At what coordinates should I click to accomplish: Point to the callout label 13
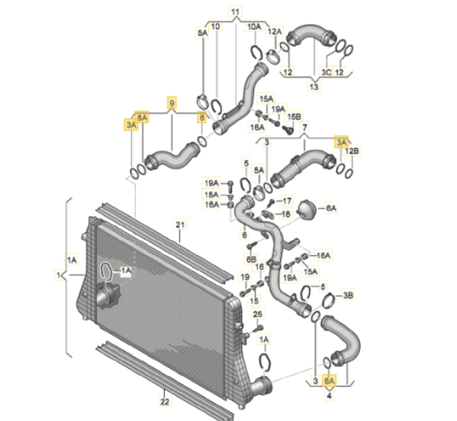click(314, 87)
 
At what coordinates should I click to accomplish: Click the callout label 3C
click(327, 71)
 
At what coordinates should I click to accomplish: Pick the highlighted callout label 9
click(172, 103)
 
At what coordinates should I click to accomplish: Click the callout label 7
click(304, 128)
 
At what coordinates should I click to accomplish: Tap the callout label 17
click(287, 201)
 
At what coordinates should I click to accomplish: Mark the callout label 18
click(286, 214)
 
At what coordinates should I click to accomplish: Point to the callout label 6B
click(251, 260)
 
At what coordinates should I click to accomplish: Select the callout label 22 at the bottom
click(164, 402)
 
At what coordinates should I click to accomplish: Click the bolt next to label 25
click(258, 327)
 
